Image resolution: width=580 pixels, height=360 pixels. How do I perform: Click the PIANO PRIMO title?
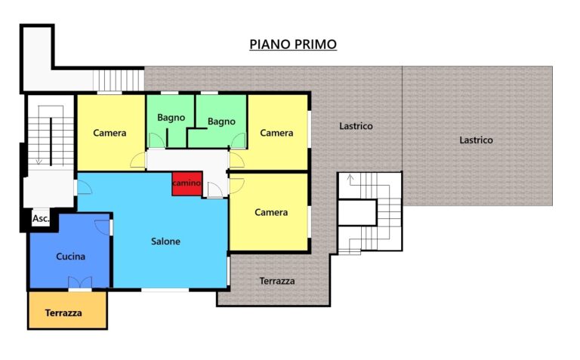[x=293, y=44]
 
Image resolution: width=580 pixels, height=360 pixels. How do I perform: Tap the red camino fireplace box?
[x=187, y=183]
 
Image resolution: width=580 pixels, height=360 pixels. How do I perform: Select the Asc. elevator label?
[x=41, y=218]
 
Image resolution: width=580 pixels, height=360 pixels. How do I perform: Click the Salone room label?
[x=165, y=242]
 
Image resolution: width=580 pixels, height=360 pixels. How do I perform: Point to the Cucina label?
[x=71, y=256]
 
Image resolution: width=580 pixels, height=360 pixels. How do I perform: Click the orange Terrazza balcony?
[x=68, y=310]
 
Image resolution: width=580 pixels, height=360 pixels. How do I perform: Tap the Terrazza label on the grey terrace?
[x=277, y=281]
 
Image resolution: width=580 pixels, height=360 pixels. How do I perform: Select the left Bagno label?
[x=171, y=118]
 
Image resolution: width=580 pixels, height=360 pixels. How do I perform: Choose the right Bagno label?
[x=221, y=122]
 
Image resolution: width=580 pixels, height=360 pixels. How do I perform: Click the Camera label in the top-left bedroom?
[x=110, y=133]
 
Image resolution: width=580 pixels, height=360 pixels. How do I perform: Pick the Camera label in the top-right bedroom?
[x=276, y=133]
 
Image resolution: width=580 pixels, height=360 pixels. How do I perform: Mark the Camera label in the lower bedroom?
[x=271, y=212]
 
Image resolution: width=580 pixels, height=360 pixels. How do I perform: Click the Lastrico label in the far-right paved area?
[x=476, y=140]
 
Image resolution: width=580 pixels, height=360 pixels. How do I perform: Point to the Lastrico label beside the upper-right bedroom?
[x=356, y=126]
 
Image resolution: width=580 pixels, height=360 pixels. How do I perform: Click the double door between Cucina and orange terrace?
[x=80, y=282]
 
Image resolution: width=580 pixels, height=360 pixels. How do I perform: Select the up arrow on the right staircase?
[x=350, y=180]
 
